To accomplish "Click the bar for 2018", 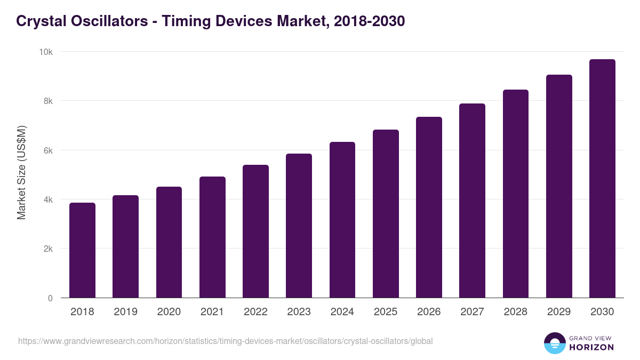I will pos(82,250).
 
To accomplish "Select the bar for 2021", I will pos(212,237).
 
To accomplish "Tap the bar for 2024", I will pos(342,220).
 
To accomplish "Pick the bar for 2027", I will pos(472,201).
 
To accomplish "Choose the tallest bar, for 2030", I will pos(602,179).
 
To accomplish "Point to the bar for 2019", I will pos(125,246).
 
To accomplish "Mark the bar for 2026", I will pos(429,207).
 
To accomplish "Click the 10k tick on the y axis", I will pos(46,52).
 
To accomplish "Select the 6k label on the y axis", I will pos(47,150).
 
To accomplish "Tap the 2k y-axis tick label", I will pos(47,249).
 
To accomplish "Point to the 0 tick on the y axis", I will pos(50,298).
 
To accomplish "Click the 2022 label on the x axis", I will pos(255,312).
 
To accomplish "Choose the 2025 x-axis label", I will pos(386,312).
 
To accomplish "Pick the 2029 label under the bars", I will pos(559,312).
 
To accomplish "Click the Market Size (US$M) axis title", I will pos(21,172).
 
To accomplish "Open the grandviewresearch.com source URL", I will pos(225,341).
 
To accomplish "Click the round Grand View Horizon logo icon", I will pos(554,343).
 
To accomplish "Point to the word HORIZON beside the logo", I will pos(591,347).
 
